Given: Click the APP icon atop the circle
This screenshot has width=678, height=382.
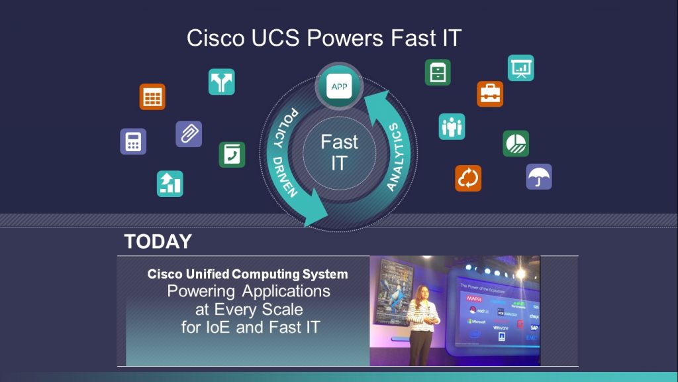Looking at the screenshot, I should [339, 86].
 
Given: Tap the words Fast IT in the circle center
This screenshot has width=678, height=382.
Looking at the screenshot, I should [339, 152].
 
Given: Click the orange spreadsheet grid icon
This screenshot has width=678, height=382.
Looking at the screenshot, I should [152, 97].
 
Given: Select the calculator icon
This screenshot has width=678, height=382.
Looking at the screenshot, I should [133, 141].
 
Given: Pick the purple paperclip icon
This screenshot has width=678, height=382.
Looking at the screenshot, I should [189, 134].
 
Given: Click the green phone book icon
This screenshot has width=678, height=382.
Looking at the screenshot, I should [232, 155].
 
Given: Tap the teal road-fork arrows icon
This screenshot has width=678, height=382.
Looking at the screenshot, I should [221, 82].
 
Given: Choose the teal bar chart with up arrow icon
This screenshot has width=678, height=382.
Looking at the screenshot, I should [170, 184].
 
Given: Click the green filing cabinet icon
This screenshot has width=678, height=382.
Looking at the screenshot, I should [438, 72].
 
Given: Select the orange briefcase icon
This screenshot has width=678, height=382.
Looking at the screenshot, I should [490, 94].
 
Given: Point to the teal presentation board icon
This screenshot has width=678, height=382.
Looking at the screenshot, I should [520, 68].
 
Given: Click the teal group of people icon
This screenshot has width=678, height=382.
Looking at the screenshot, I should [452, 126].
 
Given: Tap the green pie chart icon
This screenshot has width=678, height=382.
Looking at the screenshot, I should [516, 143].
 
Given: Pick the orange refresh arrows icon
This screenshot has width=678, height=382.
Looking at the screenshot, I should [468, 178].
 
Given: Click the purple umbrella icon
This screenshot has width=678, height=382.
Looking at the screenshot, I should [539, 176].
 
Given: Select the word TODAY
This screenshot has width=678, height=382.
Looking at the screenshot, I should [158, 242].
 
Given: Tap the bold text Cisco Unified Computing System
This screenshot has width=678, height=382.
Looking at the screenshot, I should [248, 274].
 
